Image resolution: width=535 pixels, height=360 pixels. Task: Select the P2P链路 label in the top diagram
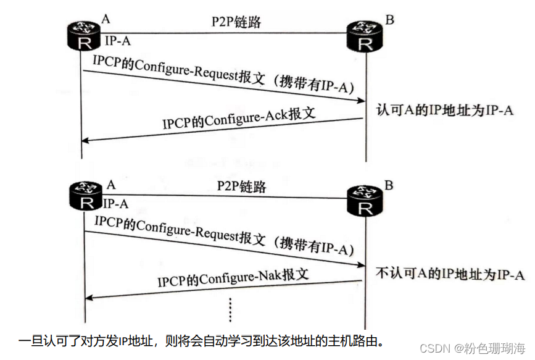[236, 22]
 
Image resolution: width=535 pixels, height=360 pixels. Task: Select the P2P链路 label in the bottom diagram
[242, 185]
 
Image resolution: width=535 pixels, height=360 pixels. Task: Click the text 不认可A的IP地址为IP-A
[450, 274]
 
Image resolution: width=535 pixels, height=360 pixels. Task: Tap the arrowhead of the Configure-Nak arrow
[89, 298]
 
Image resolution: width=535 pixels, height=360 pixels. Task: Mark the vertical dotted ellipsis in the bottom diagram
[230, 311]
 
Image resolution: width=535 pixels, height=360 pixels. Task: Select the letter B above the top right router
[389, 19]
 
